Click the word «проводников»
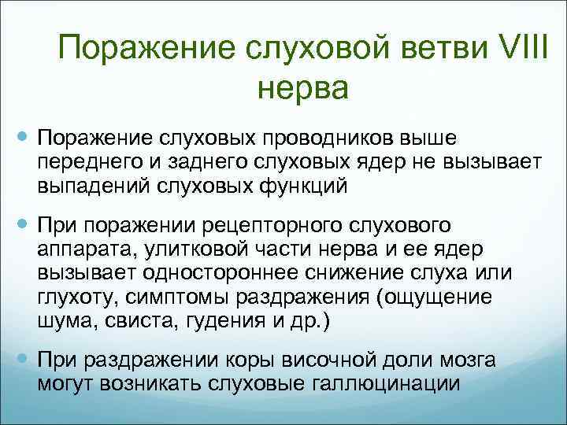click(x=323, y=139)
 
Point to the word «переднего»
click(x=82, y=161)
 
